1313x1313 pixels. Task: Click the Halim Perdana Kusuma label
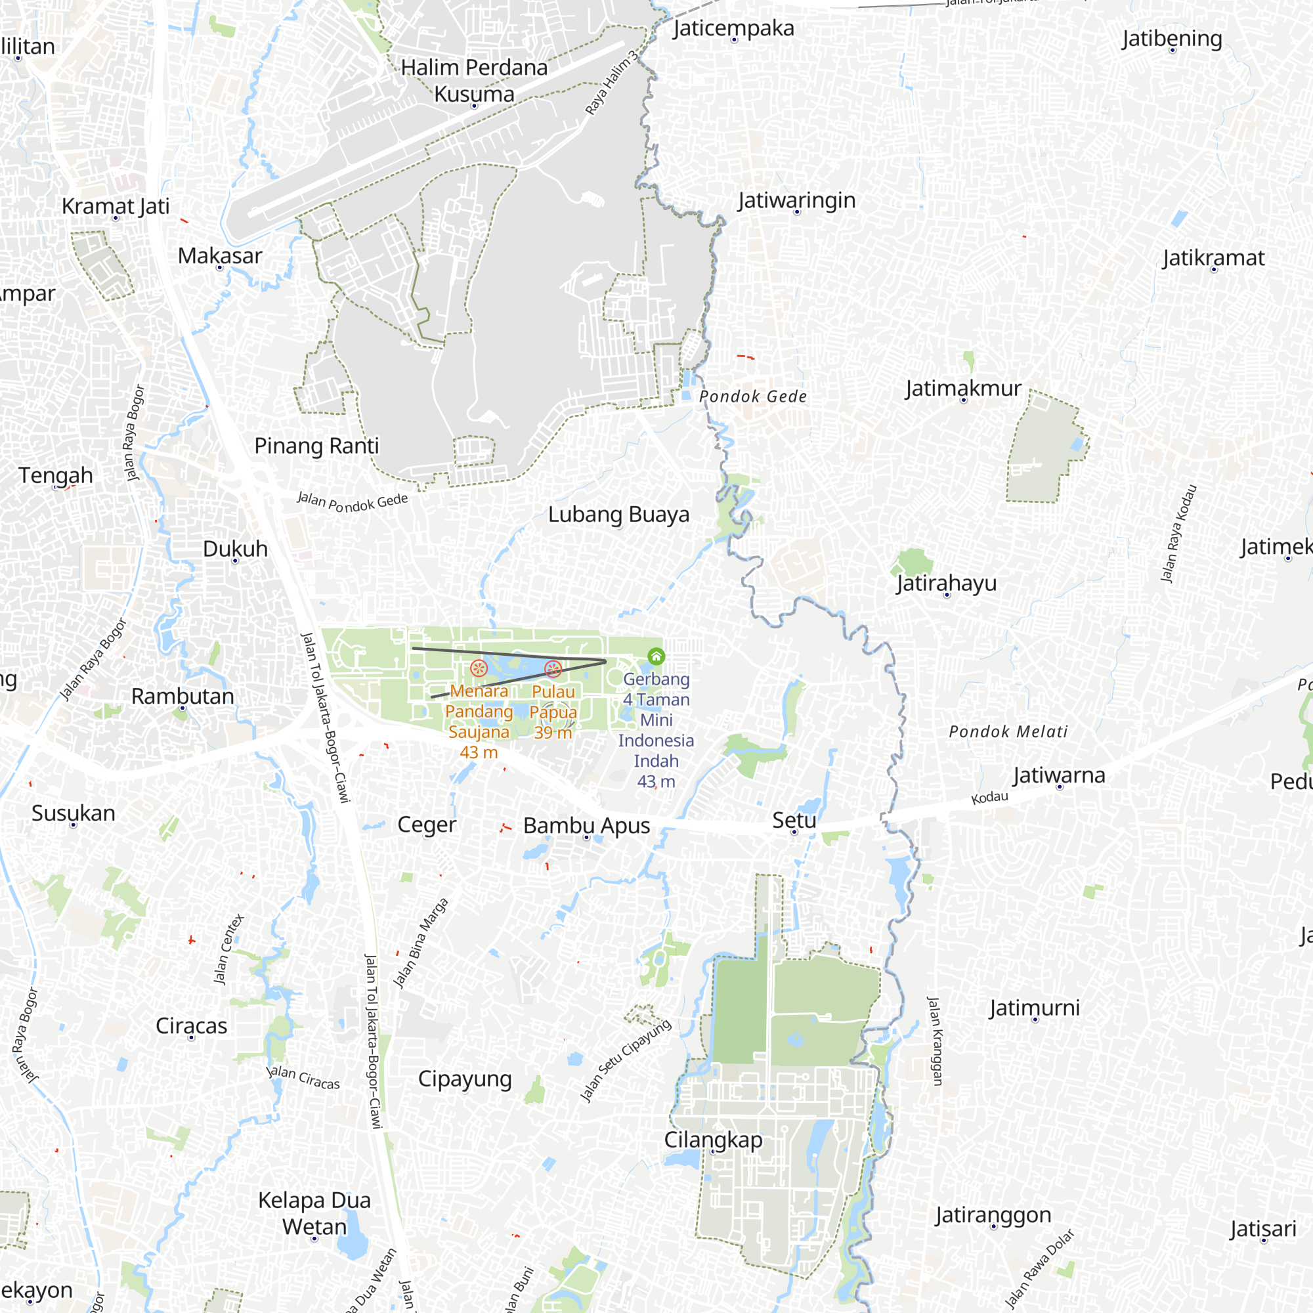click(474, 80)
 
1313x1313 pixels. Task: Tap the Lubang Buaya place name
click(618, 515)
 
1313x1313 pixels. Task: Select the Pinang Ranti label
click(316, 446)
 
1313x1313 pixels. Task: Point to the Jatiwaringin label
click(796, 200)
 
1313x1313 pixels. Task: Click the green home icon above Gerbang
click(656, 656)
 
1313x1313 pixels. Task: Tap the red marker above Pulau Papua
click(553, 669)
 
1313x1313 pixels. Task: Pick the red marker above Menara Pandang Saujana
click(479, 668)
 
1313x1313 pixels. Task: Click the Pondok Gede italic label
click(753, 397)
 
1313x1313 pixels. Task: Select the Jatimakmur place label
click(963, 388)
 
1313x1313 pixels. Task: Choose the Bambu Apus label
click(586, 825)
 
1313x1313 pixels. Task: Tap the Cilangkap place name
click(713, 1139)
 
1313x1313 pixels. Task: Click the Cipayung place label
click(465, 1079)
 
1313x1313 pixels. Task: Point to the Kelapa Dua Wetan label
click(314, 1213)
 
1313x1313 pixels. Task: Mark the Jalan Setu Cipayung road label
click(625, 1060)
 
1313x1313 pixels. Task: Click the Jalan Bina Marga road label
click(421, 943)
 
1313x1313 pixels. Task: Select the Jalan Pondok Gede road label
click(353, 502)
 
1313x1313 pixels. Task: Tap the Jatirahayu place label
click(946, 583)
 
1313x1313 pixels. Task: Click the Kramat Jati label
click(116, 206)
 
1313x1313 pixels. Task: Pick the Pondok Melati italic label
click(1008, 731)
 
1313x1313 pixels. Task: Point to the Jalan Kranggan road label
click(935, 1041)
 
